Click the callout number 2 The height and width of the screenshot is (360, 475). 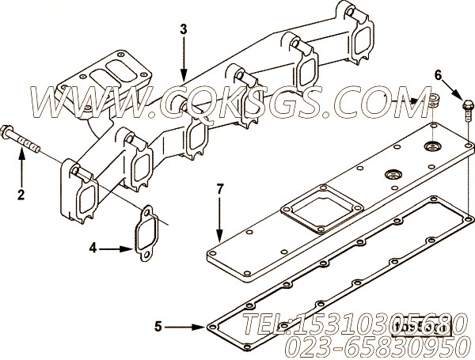pyautogui.click(x=21, y=194)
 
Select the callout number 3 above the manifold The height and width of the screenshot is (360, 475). pyautogui.click(x=184, y=30)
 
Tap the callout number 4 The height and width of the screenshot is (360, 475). pyautogui.click(x=93, y=248)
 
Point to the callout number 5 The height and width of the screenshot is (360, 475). pyautogui.click(x=158, y=325)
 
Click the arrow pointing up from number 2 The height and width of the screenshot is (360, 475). pyautogui.click(x=21, y=166)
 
